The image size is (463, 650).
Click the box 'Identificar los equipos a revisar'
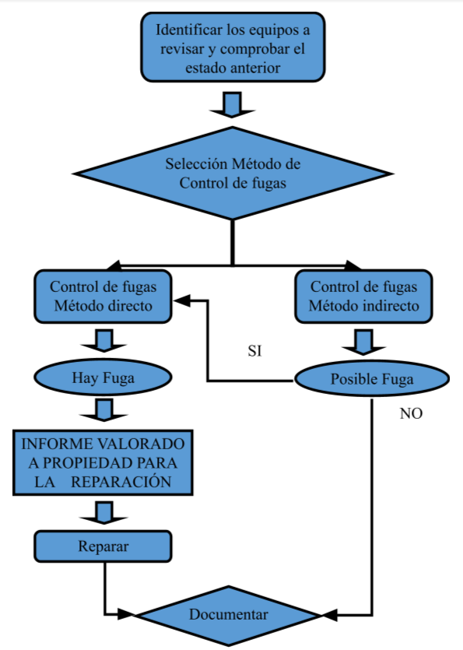[x=232, y=49]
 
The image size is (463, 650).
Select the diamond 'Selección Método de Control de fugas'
[x=232, y=174]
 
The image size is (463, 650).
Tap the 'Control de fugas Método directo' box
[x=103, y=296]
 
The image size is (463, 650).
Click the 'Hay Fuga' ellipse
[x=103, y=378]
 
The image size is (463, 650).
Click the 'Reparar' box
[x=103, y=546]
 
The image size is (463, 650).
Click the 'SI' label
[x=254, y=351]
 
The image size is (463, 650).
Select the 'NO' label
[x=411, y=414]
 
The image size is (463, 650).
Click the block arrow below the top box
[x=232, y=104]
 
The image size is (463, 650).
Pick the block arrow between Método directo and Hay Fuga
[x=103, y=340]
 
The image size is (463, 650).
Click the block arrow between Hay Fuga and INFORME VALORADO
[x=103, y=410]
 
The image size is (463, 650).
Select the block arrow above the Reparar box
[x=103, y=512]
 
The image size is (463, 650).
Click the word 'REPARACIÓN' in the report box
[x=121, y=482]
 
